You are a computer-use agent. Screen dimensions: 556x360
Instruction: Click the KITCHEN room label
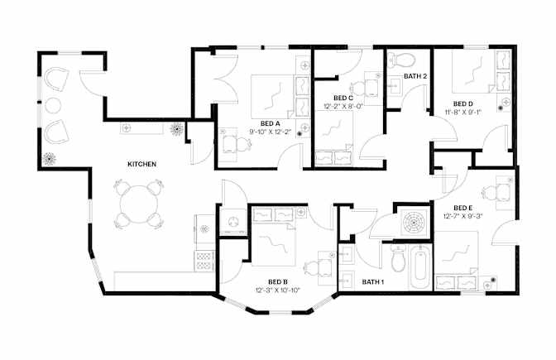click(141, 164)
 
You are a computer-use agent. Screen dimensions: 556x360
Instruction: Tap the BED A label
click(271, 124)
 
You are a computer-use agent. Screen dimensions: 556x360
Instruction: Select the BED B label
click(278, 282)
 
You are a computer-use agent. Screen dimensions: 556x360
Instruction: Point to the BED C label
click(343, 98)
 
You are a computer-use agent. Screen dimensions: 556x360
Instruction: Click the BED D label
click(463, 104)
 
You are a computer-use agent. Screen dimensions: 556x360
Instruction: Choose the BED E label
click(463, 208)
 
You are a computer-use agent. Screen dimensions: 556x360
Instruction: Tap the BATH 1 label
click(373, 282)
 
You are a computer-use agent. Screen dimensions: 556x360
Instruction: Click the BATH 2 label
click(415, 76)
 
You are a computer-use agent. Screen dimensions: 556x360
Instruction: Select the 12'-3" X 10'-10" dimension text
click(278, 290)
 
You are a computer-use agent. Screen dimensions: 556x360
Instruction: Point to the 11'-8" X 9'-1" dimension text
click(463, 112)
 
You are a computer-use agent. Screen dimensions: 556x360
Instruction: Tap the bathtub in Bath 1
click(420, 267)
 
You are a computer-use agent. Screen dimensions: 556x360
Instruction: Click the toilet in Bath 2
click(401, 60)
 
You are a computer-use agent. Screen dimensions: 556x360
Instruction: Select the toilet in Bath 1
click(398, 259)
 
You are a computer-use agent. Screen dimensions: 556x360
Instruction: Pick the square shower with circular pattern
click(414, 223)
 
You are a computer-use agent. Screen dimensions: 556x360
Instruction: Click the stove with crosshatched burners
click(204, 261)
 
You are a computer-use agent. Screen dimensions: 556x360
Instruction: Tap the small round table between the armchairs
click(53, 106)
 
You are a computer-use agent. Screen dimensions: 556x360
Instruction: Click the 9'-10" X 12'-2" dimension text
click(271, 132)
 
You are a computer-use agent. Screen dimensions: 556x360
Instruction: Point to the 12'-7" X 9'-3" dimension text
click(463, 216)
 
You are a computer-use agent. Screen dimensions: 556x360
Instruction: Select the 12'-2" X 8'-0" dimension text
click(343, 106)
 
